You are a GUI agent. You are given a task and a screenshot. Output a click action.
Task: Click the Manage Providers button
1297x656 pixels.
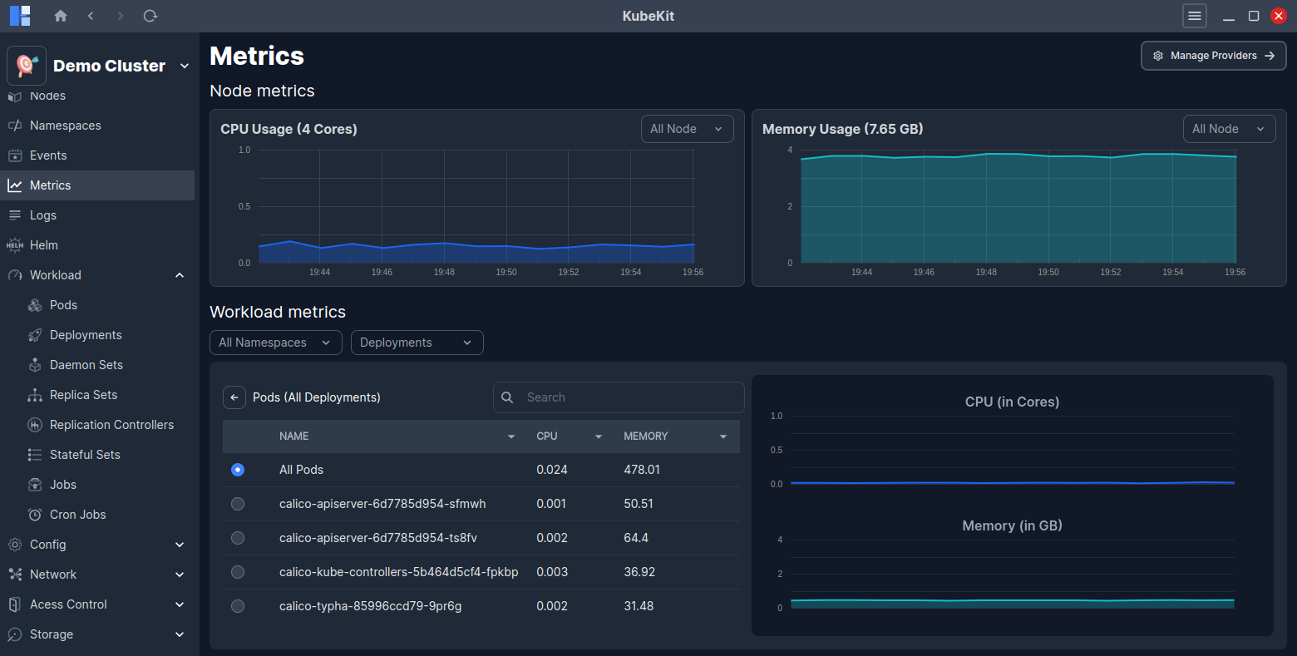(x=1213, y=56)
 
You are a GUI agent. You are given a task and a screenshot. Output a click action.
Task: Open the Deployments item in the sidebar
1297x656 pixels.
(x=86, y=335)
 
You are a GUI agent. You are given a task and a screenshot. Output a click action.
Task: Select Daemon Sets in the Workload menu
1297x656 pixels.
(x=86, y=365)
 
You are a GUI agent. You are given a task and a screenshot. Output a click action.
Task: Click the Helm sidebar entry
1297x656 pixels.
(x=44, y=245)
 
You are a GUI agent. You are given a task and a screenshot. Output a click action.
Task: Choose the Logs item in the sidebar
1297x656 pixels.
(x=43, y=215)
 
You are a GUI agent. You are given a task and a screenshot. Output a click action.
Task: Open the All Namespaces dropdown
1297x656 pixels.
(x=275, y=343)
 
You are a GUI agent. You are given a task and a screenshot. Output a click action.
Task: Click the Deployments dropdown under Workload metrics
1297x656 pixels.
(x=417, y=343)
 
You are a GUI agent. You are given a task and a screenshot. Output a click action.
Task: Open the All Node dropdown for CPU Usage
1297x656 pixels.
(x=687, y=129)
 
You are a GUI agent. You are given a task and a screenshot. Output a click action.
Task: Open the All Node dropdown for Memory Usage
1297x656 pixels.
(x=1229, y=129)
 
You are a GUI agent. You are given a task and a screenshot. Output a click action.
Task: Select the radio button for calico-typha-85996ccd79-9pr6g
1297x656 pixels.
(x=238, y=606)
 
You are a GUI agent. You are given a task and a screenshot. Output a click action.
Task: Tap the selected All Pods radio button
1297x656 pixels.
(x=238, y=470)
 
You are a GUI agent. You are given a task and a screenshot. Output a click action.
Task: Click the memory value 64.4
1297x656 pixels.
(x=636, y=538)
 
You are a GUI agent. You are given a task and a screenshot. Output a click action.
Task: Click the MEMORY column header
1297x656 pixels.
(x=646, y=437)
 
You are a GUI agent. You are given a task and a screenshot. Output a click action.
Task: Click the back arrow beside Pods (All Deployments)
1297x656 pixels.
(x=234, y=397)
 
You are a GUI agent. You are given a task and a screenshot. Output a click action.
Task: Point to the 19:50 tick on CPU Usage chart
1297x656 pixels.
(x=506, y=272)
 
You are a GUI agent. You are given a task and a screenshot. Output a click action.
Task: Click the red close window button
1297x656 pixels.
(x=1279, y=16)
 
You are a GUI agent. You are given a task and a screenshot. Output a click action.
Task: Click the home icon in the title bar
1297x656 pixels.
(x=61, y=16)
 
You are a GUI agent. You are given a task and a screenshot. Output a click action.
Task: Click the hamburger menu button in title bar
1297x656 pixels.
(x=1195, y=16)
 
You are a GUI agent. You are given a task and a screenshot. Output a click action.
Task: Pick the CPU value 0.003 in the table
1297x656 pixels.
(x=552, y=572)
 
